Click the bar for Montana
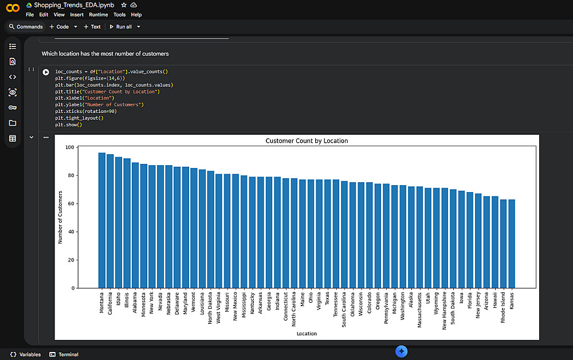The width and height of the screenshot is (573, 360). pos(102,221)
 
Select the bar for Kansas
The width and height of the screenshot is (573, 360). pos(512,244)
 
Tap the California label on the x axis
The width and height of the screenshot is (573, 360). pos(110,303)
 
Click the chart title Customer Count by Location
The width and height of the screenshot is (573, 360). pos(307,141)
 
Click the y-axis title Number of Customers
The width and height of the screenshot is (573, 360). pos(60,217)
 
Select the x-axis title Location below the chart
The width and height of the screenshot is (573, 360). pos(307,333)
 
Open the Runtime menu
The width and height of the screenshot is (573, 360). pos(99,14)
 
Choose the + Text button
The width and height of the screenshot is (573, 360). pos(92,26)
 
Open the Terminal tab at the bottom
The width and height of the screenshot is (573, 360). pos(64,354)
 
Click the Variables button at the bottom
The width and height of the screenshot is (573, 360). pos(26,354)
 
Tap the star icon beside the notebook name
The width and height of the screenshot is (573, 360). pos(124,5)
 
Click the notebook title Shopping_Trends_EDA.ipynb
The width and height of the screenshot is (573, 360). pos(74,5)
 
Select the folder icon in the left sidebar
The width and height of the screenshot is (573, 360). pos(13,123)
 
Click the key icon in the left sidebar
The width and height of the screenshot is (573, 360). pos(13,107)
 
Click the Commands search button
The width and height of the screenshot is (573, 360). pos(25,26)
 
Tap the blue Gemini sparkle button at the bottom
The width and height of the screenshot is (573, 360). pos(402,351)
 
